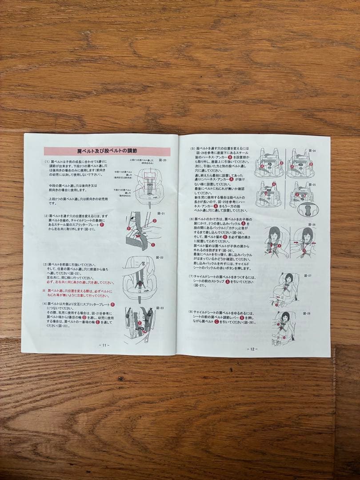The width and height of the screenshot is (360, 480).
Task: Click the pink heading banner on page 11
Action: (107, 152)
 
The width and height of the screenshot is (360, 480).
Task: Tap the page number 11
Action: (104, 345)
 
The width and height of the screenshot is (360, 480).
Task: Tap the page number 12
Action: (252, 349)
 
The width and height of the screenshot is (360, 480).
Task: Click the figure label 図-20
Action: (162, 160)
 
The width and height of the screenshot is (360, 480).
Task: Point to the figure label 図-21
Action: (161, 214)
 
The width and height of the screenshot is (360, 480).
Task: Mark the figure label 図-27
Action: (307, 276)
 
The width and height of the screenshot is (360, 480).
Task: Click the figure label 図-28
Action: (307, 313)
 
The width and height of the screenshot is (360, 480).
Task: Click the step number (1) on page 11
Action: (47, 162)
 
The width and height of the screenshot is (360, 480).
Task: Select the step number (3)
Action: (45, 264)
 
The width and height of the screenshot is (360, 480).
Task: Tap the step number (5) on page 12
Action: (192, 148)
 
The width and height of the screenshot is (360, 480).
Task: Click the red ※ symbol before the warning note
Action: (44, 291)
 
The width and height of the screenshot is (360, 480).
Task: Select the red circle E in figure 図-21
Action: (153, 245)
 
